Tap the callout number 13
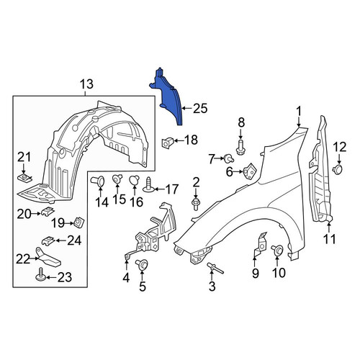86,84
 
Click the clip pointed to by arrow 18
167,143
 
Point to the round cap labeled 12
338,168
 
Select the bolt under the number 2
196,204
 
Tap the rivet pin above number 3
215,268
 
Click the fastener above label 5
142,264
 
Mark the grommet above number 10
277,251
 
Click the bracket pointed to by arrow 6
250,171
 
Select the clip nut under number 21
25,179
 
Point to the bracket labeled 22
48,258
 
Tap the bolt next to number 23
40,274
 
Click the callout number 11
330,239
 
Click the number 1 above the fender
299,113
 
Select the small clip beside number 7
228,158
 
